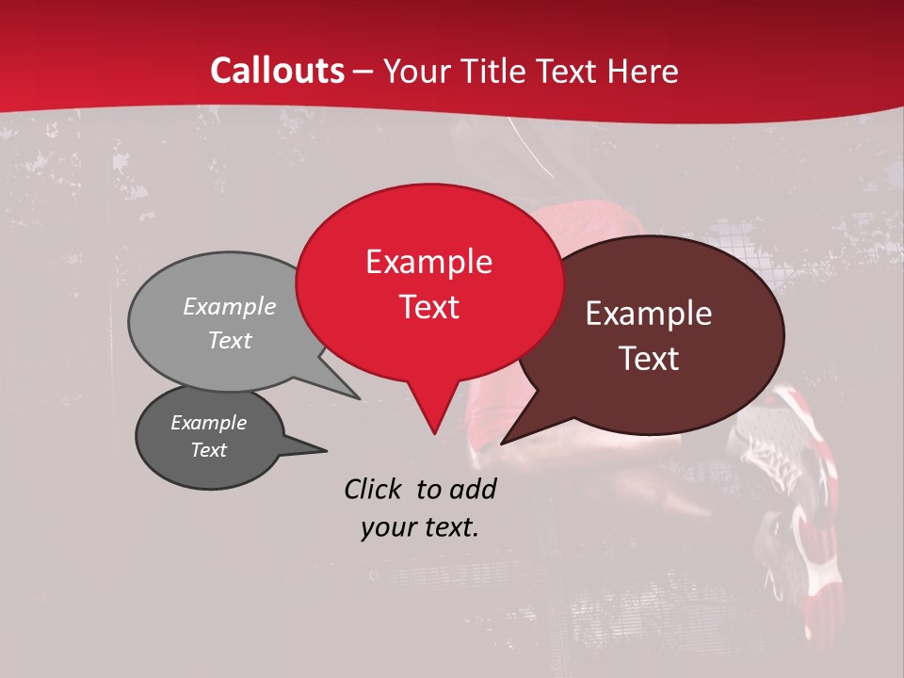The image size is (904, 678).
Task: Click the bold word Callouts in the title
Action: [x=277, y=71]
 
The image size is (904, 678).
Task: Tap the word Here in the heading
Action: [x=643, y=71]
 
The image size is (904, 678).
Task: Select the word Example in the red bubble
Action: [x=428, y=262]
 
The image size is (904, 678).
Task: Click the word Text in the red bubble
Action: [x=428, y=307]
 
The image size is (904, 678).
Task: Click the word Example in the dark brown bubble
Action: [x=649, y=314]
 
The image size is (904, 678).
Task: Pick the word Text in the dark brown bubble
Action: [x=649, y=359]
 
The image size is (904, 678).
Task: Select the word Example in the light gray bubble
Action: [x=229, y=306]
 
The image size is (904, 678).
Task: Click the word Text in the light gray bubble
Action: [x=229, y=340]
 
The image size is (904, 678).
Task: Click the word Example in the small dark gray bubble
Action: [x=208, y=423]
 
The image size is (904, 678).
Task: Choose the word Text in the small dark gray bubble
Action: [x=208, y=450]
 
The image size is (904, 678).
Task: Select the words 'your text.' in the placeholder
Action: [x=419, y=527]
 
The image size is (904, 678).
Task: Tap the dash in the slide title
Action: [x=364, y=72]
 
